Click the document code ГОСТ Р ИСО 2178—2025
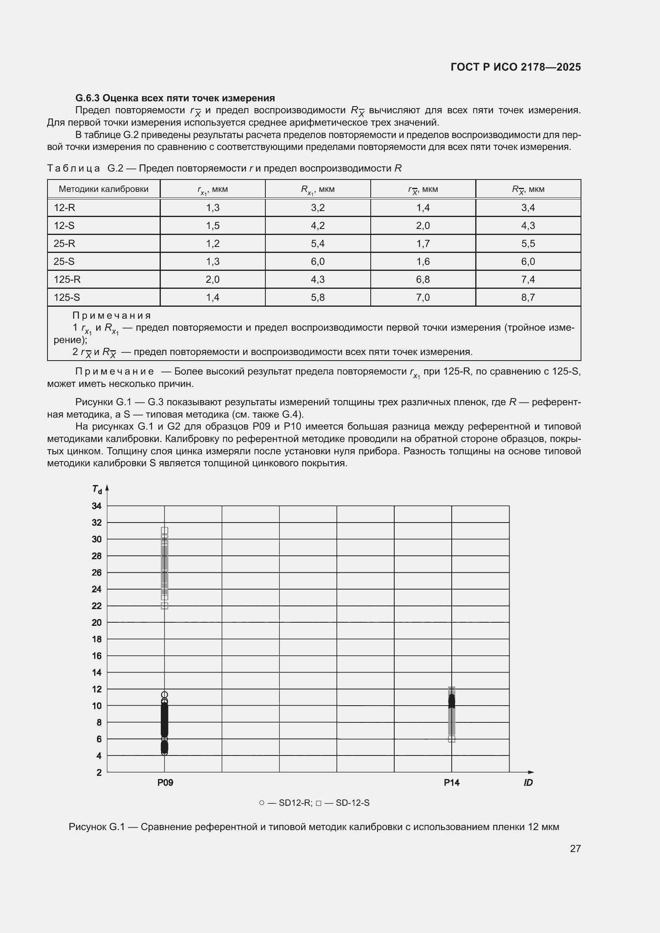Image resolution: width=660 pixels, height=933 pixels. (515, 67)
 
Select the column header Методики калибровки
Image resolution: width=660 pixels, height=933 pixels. (104, 189)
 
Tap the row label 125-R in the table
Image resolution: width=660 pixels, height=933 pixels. (67, 279)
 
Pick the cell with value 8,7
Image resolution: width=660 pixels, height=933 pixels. (528, 297)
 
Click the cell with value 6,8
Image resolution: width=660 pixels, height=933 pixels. (423, 279)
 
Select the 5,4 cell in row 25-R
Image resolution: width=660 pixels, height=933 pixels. (317, 243)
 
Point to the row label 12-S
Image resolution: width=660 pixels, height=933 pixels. (64, 225)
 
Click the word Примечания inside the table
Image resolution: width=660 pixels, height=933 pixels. (111, 316)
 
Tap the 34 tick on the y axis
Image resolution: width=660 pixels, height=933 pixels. (97, 506)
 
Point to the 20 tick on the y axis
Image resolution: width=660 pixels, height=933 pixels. (97, 622)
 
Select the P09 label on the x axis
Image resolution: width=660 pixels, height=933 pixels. (165, 783)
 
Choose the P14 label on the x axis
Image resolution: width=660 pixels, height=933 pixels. (452, 783)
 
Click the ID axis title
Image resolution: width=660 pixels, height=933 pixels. (528, 783)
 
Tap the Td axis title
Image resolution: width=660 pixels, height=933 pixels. (97, 489)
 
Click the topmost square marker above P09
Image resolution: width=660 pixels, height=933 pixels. (164, 530)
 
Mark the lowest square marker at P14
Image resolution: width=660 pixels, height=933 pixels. (452, 739)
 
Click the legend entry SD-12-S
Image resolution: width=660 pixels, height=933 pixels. (352, 803)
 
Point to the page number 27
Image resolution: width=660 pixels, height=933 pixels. (575, 848)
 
